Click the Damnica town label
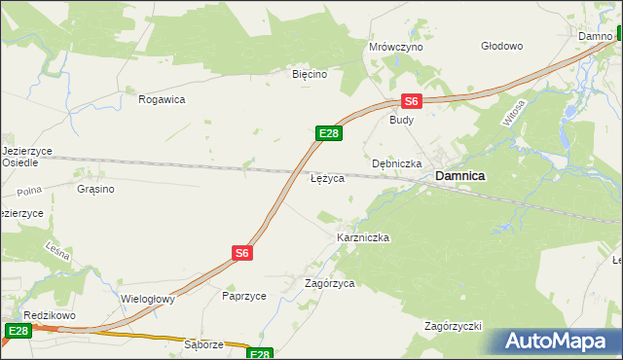click(x=459, y=176)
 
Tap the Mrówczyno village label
click(x=395, y=47)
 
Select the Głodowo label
click(x=502, y=46)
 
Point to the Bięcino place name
click(x=311, y=73)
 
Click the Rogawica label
click(x=162, y=99)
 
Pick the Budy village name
click(x=401, y=120)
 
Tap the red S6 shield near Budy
click(x=411, y=101)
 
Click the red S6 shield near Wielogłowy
click(x=242, y=252)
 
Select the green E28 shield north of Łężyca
click(x=328, y=133)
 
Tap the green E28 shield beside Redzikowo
click(x=18, y=331)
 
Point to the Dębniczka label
click(x=396, y=163)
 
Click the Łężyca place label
click(x=326, y=180)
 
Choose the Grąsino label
click(x=95, y=189)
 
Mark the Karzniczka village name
click(x=363, y=237)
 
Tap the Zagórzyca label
click(x=329, y=283)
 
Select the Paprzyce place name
click(x=244, y=295)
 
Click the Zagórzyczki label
click(x=454, y=325)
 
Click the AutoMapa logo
click(x=558, y=342)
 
